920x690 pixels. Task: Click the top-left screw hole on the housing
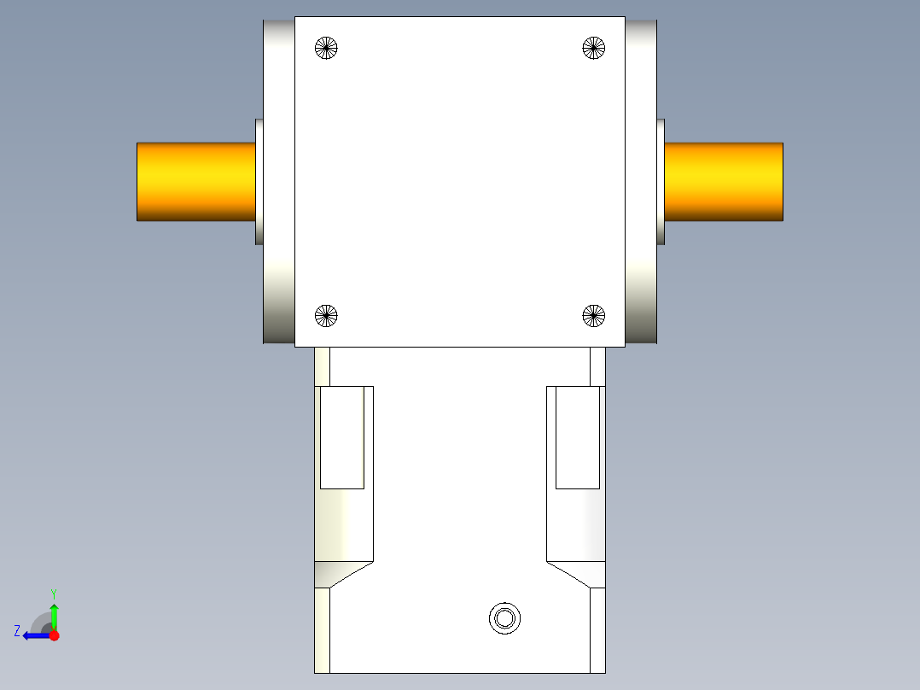(x=326, y=48)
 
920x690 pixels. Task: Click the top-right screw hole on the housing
(x=594, y=48)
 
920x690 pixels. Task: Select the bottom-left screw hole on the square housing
(x=326, y=316)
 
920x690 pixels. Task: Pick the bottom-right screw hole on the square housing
(x=594, y=316)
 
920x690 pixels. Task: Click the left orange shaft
(x=195, y=182)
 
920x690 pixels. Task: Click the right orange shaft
(x=724, y=182)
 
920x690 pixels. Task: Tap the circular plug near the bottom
(x=504, y=617)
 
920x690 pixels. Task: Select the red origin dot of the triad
(x=54, y=634)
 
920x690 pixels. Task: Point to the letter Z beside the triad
(x=17, y=631)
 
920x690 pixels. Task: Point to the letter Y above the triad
(x=54, y=594)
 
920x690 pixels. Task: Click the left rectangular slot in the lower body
(x=342, y=437)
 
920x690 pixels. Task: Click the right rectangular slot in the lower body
(x=578, y=437)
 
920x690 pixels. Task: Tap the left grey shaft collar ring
(x=259, y=182)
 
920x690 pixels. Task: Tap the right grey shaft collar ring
(x=661, y=182)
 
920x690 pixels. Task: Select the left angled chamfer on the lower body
(x=344, y=573)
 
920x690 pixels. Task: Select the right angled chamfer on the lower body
(x=576, y=573)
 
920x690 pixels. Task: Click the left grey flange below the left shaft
(x=278, y=299)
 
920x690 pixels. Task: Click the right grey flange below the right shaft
(x=641, y=299)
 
